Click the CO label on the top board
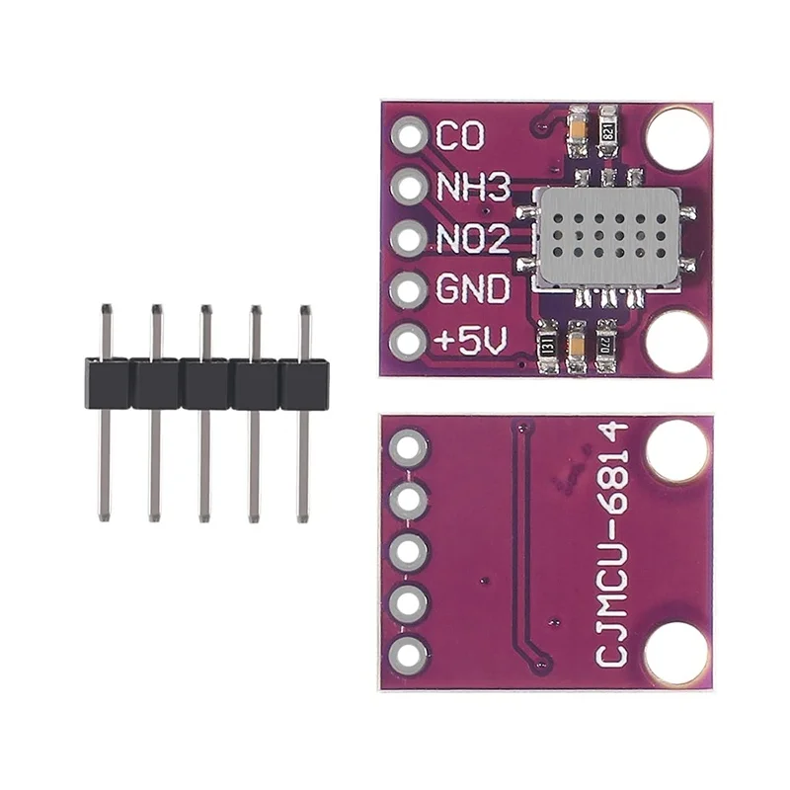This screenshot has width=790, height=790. click(x=460, y=136)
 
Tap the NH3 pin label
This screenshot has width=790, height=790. click(x=472, y=187)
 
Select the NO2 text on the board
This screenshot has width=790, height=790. click(x=472, y=239)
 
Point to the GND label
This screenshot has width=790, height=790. click(x=472, y=290)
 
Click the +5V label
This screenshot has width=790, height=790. click(x=471, y=342)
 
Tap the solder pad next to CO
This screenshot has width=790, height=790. click(x=407, y=134)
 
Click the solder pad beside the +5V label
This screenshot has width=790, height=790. click(x=407, y=342)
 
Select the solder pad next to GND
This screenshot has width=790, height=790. click(x=407, y=290)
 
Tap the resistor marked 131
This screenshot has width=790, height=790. click(x=543, y=348)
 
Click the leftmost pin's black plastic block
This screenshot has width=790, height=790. click(x=107, y=383)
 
